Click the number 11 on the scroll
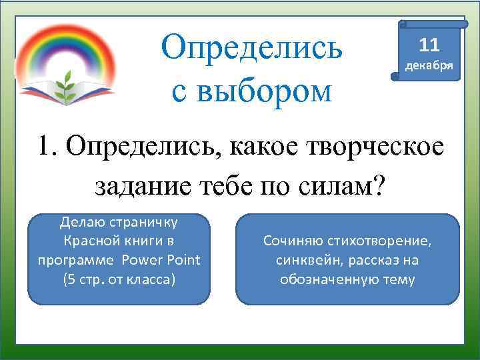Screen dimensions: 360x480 click(429, 45)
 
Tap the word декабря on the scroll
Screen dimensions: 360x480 click(429, 67)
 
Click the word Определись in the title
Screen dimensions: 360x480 click(253, 46)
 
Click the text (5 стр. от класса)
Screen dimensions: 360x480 click(119, 278)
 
